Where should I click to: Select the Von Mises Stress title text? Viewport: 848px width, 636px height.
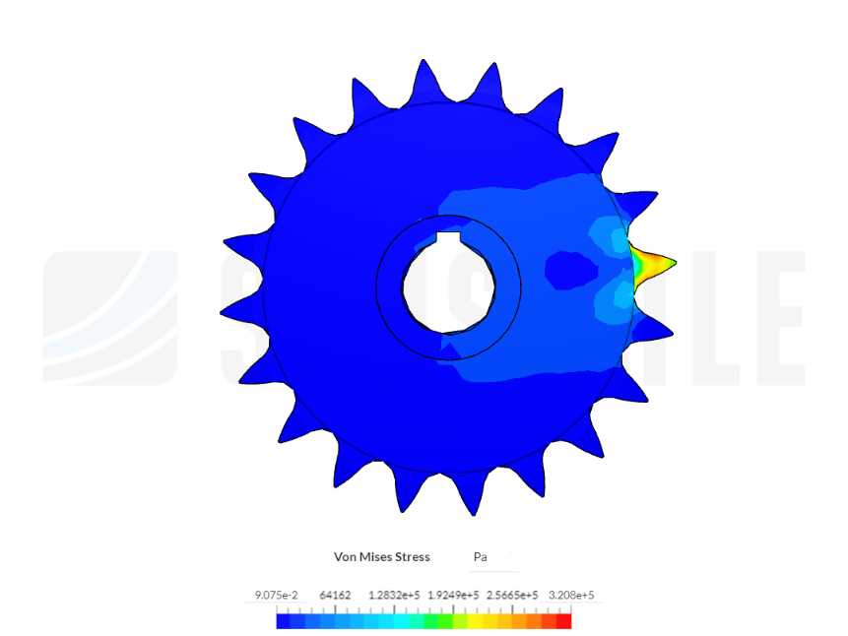381,557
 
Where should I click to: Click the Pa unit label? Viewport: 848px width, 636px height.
481,557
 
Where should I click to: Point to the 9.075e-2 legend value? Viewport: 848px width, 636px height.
276,596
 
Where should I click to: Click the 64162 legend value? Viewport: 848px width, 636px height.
336,596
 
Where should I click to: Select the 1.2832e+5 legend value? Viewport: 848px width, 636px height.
391,596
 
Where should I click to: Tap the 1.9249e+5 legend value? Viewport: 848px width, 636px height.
452,596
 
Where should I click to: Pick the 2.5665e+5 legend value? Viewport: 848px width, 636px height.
512,596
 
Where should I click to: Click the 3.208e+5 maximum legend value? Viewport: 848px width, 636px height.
571,596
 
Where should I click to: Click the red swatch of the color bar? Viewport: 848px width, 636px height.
563,621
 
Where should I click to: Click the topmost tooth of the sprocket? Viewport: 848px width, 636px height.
424,77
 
